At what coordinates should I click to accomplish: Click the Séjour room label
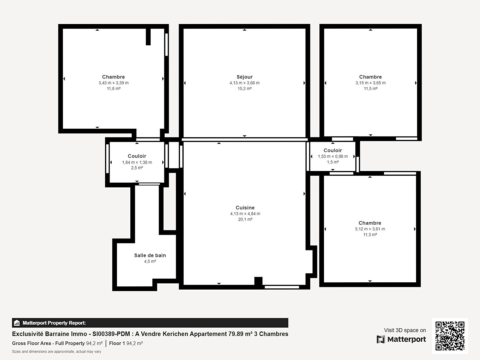244,77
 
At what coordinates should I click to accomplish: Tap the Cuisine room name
245,208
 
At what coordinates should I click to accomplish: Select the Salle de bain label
150,255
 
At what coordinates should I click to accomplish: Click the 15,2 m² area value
244,89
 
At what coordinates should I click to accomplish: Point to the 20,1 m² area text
245,219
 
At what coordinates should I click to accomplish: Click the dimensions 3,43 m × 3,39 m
113,83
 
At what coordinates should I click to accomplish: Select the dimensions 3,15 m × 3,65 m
370,83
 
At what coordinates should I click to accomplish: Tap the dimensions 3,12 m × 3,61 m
370,229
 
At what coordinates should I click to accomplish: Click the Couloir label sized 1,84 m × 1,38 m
137,156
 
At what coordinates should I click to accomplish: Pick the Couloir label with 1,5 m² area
333,150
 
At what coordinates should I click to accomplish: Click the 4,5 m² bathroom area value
150,261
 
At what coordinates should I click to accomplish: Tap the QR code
450,336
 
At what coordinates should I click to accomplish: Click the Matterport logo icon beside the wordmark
381,339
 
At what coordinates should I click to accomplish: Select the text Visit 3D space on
405,330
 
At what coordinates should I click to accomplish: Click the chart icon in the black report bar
17,323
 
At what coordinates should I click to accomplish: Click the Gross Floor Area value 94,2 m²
94,343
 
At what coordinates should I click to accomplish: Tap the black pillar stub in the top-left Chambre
148,37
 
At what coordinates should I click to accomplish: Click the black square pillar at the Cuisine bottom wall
258,281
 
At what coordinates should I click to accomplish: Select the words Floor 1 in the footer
117,343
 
